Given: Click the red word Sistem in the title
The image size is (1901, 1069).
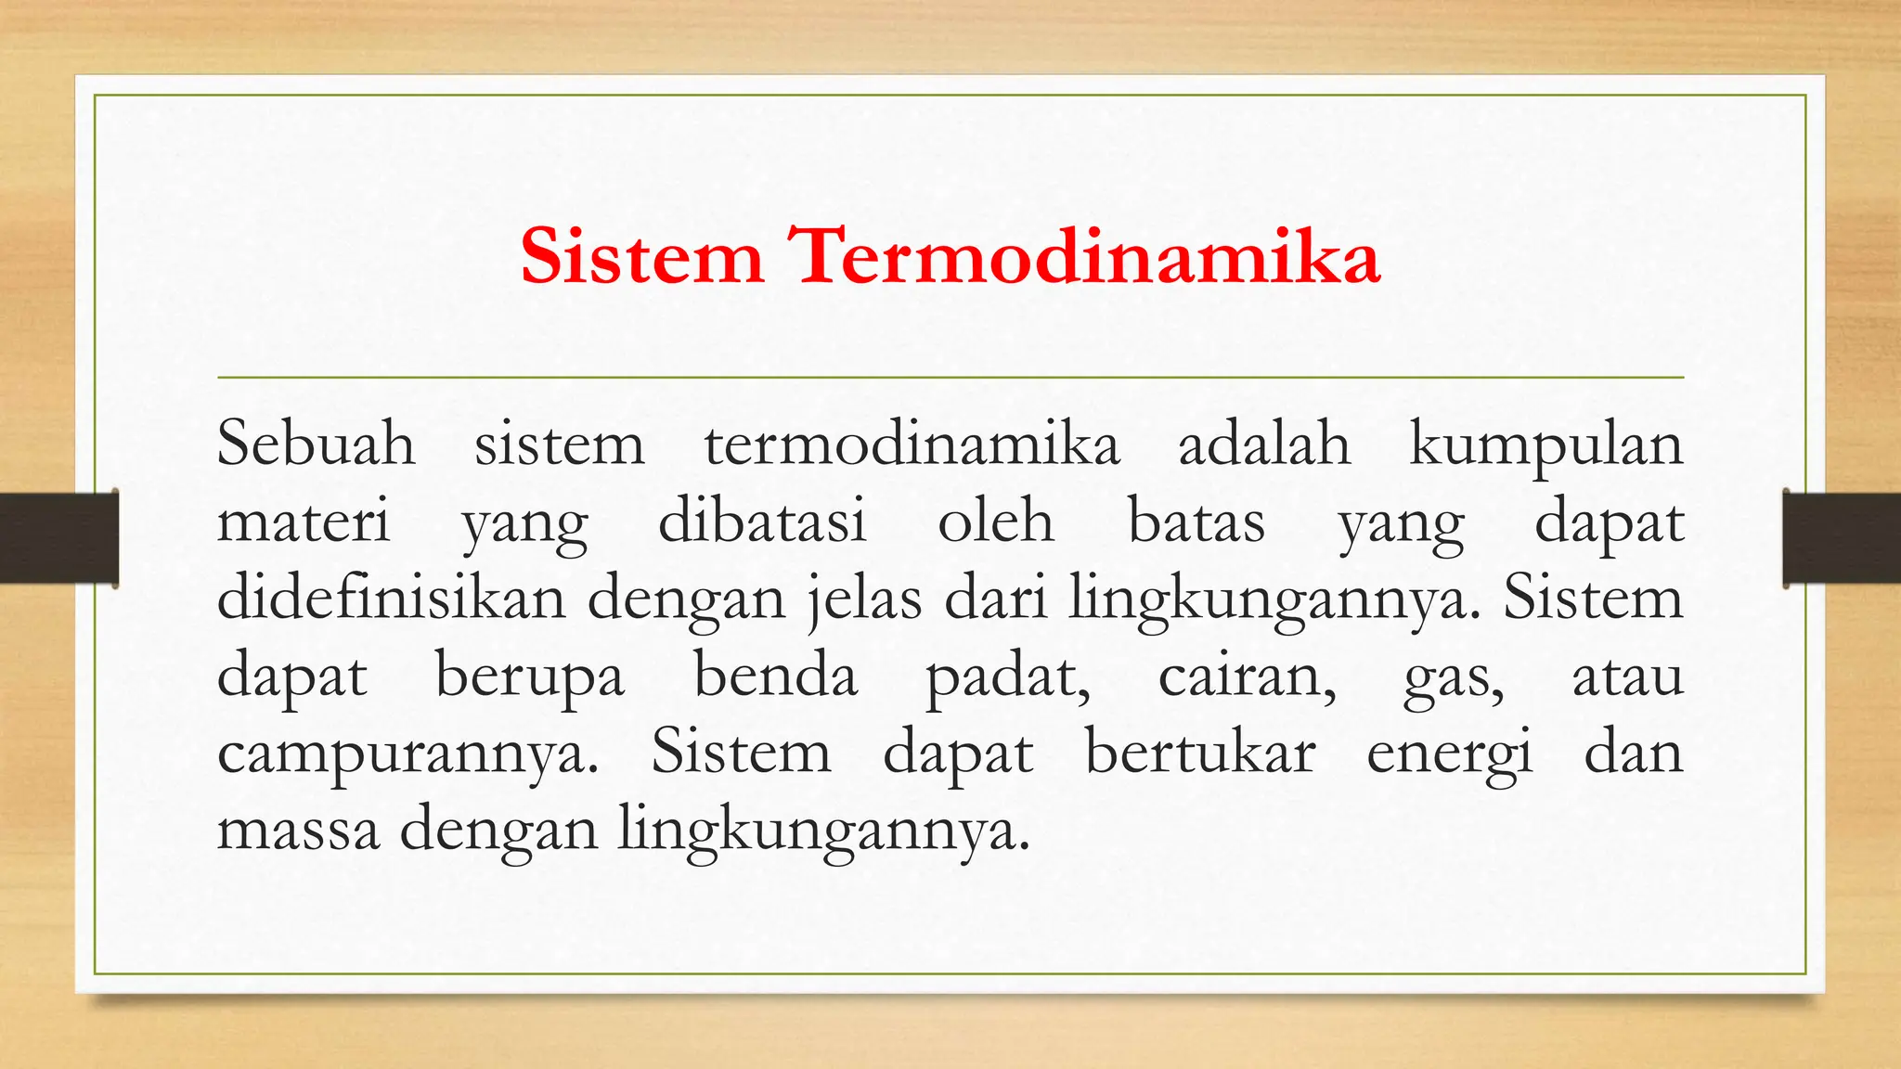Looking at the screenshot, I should coord(641,256).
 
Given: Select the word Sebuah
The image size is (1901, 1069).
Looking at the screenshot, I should coord(316,444).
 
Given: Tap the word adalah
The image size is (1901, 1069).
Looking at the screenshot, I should coord(1264,444).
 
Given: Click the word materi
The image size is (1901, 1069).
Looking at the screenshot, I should coord(304,522).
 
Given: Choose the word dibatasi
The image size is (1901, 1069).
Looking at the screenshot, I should coord(762,521).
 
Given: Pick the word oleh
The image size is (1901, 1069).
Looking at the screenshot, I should coord(996,521).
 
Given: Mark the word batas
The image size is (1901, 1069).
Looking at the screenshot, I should coord(1196,522).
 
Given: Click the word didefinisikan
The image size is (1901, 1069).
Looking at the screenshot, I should coord(391,598).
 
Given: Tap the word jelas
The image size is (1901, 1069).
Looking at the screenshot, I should coord(864,599).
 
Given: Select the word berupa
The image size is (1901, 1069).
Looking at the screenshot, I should coord(530,676).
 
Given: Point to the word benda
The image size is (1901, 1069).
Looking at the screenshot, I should coord(776,675).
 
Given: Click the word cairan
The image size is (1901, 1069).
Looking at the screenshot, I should coord(1247,676).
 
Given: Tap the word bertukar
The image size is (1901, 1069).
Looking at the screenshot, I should coord(1200,752).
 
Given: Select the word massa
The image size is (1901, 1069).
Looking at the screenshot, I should coord(299,829).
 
